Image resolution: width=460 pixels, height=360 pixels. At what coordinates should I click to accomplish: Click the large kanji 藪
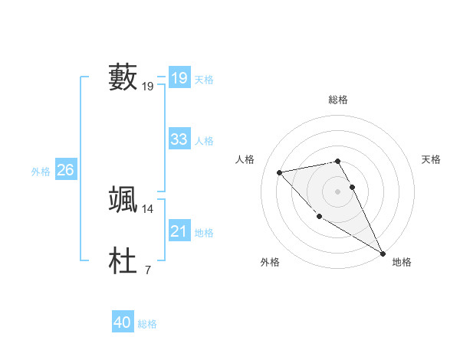(x=123, y=77)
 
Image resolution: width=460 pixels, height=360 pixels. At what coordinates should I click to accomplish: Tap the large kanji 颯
(x=123, y=199)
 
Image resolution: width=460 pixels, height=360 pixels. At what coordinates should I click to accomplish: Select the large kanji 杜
(x=123, y=260)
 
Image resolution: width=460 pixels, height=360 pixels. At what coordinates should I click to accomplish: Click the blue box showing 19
(x=179, y=77)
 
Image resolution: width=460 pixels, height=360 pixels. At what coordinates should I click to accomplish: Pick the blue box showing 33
(x=179, y=139)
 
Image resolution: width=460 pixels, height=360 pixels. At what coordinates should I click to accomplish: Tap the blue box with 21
(x=179, y=231)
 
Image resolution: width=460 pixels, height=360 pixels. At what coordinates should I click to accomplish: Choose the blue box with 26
(x=65, y=170)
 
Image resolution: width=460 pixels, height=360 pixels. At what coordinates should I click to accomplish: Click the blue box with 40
(x=122, y=322)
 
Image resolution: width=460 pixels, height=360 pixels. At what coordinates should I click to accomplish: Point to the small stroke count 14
(x=148, y=208)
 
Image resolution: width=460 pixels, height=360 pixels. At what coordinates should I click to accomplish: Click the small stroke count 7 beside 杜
(x=147, y=270)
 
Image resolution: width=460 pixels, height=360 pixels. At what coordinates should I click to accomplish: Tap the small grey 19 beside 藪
(x=148, y=87)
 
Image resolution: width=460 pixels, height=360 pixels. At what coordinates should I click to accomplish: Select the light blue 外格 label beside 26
(x=41, y=172)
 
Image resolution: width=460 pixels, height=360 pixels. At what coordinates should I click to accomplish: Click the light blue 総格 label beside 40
(x=147, y=324)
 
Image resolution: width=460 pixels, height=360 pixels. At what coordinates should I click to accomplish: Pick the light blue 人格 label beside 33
(x=204, y=141)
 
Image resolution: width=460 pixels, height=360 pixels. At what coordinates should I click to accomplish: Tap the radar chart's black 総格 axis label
(x=338, y=100)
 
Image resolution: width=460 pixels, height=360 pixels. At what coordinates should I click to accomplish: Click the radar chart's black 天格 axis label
(x=431, y=159)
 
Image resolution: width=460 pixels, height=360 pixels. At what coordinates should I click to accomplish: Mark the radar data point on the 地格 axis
(x=383, y=253)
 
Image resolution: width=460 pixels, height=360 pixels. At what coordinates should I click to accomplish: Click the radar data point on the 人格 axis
(x=280, y=172)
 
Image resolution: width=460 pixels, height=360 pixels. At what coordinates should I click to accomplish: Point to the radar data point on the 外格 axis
(x=319, y=216)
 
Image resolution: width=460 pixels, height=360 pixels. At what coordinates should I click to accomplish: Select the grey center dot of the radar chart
(x=337, y=191)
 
